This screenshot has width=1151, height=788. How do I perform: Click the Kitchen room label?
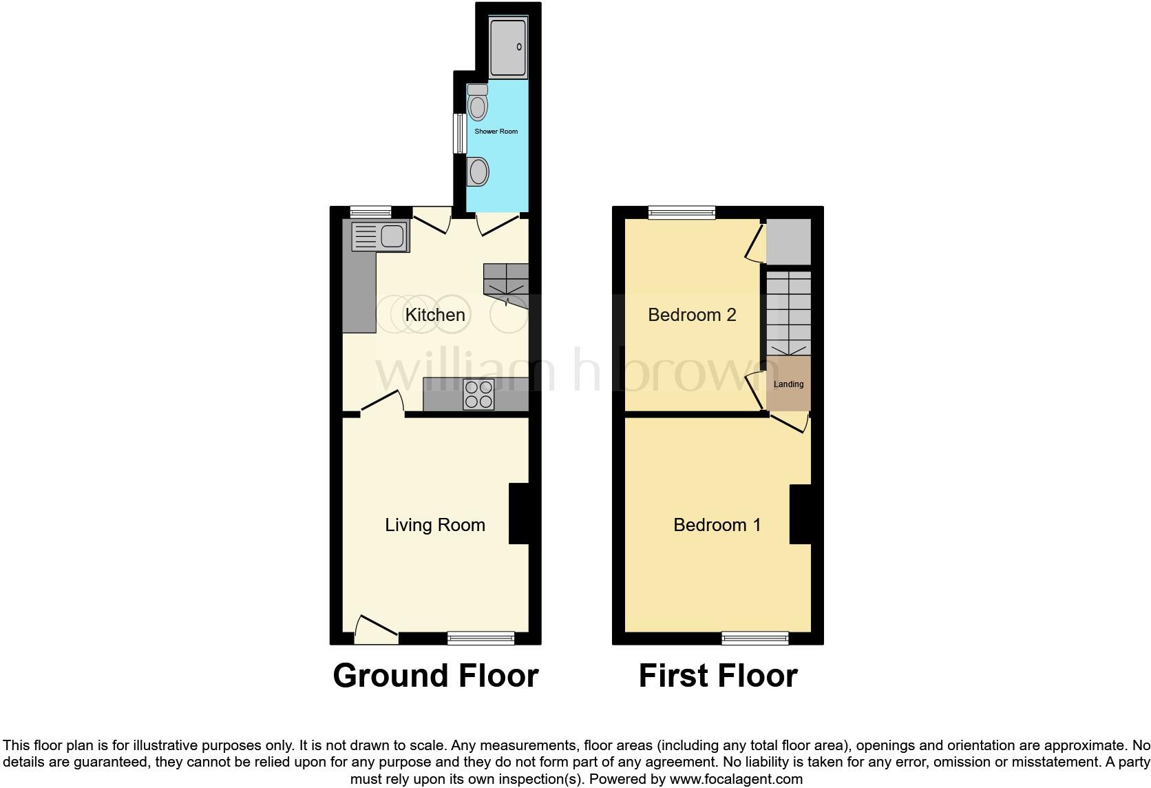coord(435,315)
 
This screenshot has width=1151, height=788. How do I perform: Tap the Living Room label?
coord(435,525)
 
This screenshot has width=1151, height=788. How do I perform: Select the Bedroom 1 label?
coord(717,525)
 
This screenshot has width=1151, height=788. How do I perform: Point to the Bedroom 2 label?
coord(692,315)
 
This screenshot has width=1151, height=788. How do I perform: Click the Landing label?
coord(788,384)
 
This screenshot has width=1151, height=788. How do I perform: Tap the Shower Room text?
coord(496,131)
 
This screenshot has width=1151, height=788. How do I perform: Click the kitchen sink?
coord(380,237)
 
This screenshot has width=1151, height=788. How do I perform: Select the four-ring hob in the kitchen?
coord(479,395)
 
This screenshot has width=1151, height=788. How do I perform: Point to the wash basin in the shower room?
coord(477,171)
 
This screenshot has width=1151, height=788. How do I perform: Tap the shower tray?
coord(508,47)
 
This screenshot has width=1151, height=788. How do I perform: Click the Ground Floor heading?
coord(435,676)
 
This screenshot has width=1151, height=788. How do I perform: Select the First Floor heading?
coord(718,676)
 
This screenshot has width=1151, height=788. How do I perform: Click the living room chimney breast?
coord(519,514)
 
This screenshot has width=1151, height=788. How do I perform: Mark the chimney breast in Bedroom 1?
coord(801,514)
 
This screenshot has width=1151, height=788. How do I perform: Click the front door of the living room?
coord(375,630)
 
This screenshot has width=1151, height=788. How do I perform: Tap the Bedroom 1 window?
coord(754,638)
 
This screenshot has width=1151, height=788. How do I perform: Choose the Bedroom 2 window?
coord(682,213)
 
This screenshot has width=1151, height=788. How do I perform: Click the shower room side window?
coord(458,133)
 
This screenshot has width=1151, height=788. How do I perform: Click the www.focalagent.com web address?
coord(736,779)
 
